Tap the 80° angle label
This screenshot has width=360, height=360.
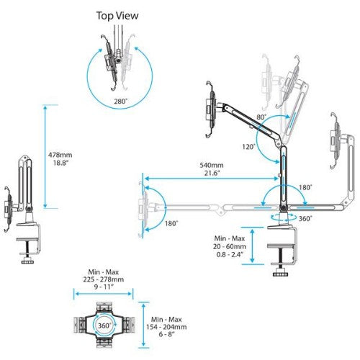click(x=259, y=115)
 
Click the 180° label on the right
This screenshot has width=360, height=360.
click(x=305, y=187)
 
